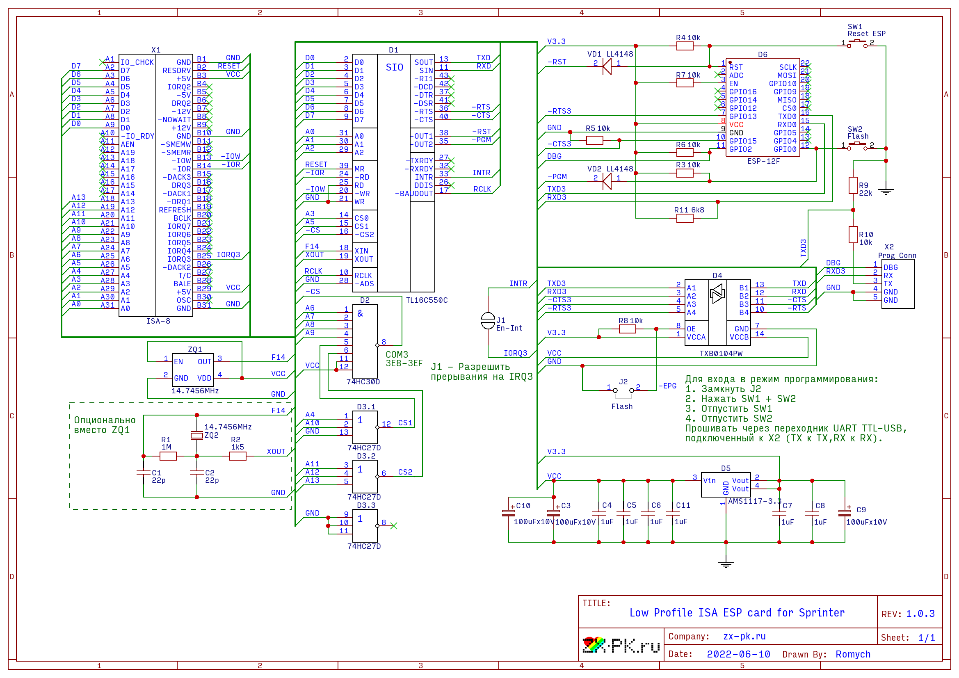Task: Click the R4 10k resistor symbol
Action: point(685,46)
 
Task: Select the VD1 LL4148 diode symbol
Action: point(607,66)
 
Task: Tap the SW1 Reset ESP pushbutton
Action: point(857,42)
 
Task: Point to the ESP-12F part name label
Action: point(763,161)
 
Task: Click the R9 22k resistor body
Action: point(853,185)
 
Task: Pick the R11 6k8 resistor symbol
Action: point(685,218)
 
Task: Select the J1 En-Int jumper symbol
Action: point(488,320)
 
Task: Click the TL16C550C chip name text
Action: point(427,300)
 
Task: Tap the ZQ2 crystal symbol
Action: point(197,436)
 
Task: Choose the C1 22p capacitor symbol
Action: point(144,473)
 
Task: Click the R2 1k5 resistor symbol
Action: point(237,456)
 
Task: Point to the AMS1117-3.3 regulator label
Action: point(754,501)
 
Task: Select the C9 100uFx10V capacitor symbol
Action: point(845,513)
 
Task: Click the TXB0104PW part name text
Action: point(721,354)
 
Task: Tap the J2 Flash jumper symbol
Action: point(623,391)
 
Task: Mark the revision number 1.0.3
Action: point(920,614)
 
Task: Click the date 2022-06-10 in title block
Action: point(738,654)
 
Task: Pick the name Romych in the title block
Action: point(852,654)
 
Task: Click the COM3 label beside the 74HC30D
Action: point(396,355)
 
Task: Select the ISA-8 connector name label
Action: point(158,321)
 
